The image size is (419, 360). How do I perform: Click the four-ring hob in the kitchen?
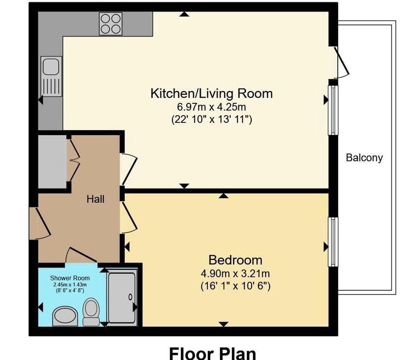[x=110, y=24]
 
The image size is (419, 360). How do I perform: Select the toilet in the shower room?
[x=91, y=312]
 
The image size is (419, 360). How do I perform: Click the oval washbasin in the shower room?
[x=65, y=316]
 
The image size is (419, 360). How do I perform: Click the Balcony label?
[x=364, y=158]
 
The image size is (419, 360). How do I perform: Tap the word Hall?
[x=95, y=199]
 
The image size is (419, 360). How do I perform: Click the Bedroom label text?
[x=235, y=260]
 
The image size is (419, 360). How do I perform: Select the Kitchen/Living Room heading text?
[x=212, y=94]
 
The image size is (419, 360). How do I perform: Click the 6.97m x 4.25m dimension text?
[x=212, y=107]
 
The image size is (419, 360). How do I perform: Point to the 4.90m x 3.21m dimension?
[x=235, y=274]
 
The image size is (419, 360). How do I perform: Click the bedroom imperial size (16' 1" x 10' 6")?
[x=235, y=286]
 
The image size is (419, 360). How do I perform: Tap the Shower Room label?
[x=70, y=278]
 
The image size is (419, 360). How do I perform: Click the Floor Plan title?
[x=213, y=353]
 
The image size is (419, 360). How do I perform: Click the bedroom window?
[x=333, y=242]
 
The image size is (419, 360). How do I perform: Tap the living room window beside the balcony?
[x=333, y=110]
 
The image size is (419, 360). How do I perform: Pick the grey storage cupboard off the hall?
[x=52, y=162]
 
